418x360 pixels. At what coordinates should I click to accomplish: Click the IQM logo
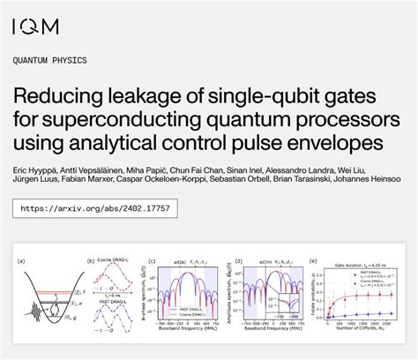36,26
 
